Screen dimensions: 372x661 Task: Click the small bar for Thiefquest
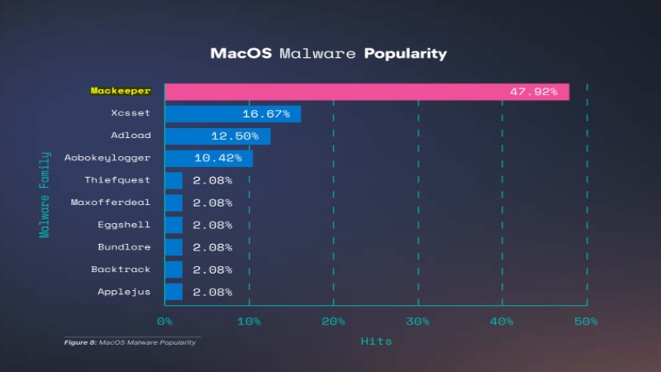174,180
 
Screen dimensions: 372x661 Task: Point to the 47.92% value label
533,91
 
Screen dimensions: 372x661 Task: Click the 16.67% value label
266,113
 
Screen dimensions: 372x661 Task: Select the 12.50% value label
235,136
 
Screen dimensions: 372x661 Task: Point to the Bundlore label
124,247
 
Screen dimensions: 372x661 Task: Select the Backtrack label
121,269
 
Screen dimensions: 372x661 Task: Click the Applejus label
124,292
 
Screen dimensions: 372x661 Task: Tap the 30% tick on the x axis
417,321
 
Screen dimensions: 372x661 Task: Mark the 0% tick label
165,321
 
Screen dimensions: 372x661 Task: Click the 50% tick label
586,321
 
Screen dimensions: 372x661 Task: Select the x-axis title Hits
376,341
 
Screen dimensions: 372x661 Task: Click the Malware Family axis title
45,192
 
